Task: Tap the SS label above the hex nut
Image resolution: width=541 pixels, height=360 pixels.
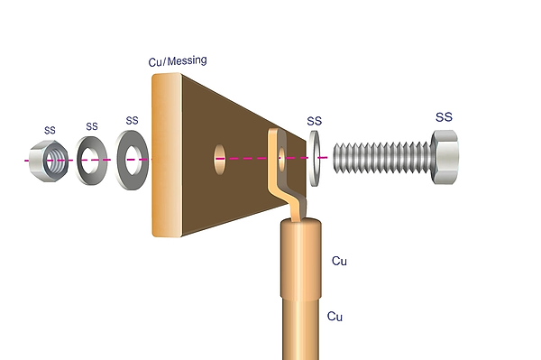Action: click(50, 131)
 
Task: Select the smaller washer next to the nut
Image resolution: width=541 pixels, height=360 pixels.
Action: click(80, 161)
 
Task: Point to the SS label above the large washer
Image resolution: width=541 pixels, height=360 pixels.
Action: click(133, 121)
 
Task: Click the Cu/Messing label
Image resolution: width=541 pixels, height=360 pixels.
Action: click(178, 61)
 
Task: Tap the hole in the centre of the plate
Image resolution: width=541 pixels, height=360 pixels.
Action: click(220, 159)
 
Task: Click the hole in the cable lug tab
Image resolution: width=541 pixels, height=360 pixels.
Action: click(282, 159)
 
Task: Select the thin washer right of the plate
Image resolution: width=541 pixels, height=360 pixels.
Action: click(315, 159)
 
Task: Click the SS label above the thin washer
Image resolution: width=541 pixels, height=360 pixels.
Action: click(315, 121)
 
